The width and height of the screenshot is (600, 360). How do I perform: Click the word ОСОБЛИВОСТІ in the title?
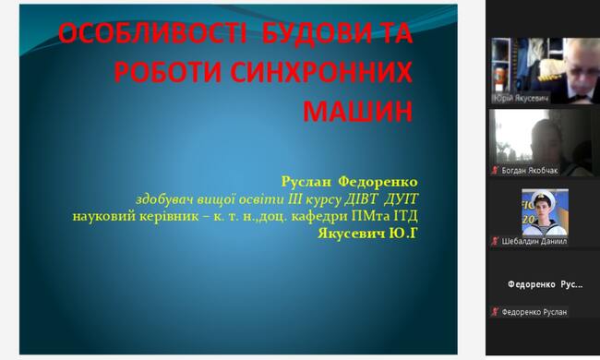tap(152, 33)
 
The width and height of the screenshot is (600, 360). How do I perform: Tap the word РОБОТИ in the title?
tap(168, 72)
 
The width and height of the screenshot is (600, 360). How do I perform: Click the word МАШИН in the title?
tap(358, 111)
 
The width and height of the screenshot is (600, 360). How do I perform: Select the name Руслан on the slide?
tap(306, 182)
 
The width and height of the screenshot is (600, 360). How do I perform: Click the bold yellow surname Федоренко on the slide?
tap(378, 182)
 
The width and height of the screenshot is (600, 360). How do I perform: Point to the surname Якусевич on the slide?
tap(352, 233)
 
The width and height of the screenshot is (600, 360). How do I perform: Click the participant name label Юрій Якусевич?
tap(521, 99)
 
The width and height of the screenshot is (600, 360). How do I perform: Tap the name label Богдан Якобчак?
tap(530, 170)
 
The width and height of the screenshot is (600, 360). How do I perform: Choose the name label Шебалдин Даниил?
tap(534, 242)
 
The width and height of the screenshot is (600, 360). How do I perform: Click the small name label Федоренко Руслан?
tap(534, 312)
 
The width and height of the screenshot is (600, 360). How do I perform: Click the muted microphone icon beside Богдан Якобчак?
tap(495, 170)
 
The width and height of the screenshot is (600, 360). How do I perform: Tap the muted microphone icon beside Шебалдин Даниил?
tap(495, 242)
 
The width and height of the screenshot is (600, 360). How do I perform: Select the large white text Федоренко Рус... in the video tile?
tap(545, 284)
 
